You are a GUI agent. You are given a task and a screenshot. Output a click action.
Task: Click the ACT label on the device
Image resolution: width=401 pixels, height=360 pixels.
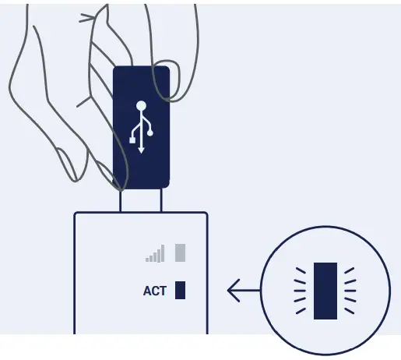click(x=155, y=291)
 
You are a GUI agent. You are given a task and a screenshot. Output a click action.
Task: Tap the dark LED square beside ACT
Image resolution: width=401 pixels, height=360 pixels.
click(x=181, y=291)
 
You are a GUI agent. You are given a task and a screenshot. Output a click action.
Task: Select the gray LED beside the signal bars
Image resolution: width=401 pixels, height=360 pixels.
click(x=181, y=252)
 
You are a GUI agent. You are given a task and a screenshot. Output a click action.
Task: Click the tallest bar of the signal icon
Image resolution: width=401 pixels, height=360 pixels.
click(x=163, y=253)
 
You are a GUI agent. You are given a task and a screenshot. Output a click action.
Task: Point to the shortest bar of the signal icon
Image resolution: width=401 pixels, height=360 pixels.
click(x=147, y=259)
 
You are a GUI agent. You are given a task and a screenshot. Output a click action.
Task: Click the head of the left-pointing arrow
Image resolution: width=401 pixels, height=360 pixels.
click(x=231, y=291)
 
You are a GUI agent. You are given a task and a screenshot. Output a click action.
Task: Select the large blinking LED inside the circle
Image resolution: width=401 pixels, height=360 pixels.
click(x=325, y=291)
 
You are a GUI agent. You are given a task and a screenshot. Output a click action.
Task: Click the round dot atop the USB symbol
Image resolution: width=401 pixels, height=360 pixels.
click(x=141, y=105)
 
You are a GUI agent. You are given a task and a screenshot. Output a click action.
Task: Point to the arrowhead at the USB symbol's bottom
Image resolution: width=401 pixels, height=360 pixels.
click(x=141, y=149)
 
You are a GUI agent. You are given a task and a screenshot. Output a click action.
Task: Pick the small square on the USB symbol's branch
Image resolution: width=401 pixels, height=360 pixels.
click(x=132, y=139)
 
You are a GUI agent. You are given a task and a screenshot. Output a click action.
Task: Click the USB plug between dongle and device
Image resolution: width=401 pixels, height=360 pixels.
click(x=141, y=200)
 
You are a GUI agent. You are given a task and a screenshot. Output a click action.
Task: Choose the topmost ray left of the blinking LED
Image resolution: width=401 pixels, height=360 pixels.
click(x=301, y=270)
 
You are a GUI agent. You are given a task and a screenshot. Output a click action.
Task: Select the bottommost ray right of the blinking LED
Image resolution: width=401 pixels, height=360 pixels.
click(x=350, y=310)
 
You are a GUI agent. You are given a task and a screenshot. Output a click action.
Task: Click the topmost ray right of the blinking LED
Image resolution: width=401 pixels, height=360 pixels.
click(x=350, y=270)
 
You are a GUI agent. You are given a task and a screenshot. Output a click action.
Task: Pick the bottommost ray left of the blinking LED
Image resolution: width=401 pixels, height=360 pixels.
click(x=301, y=310)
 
